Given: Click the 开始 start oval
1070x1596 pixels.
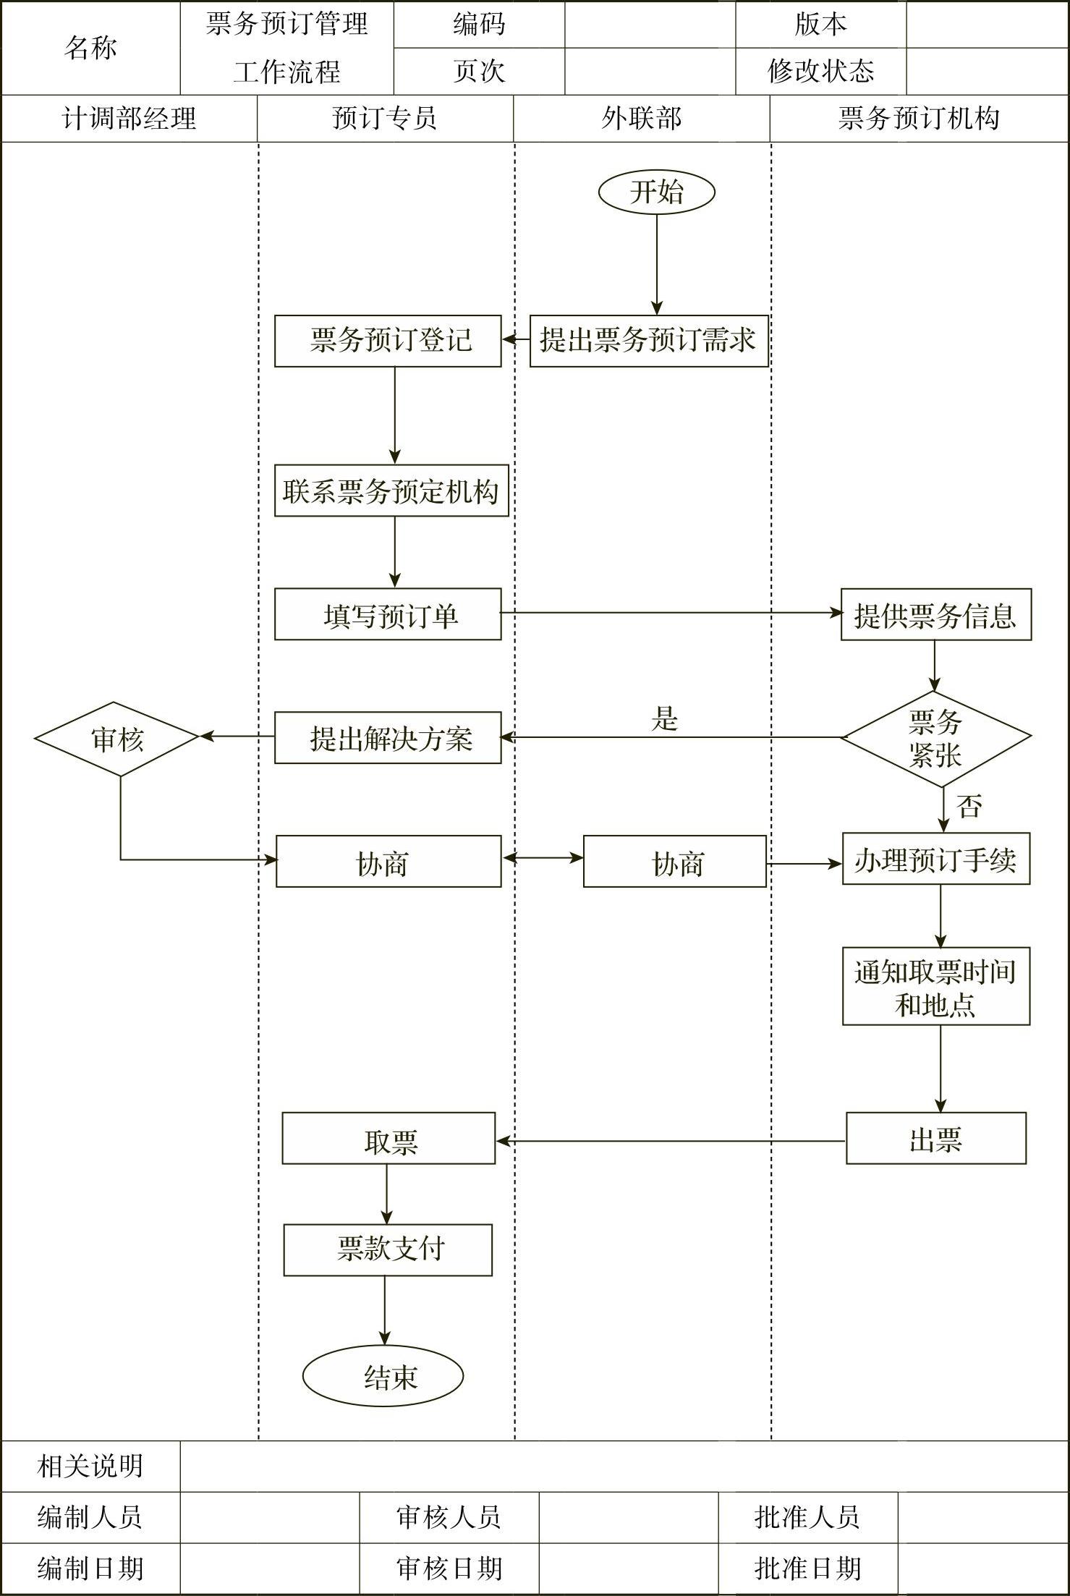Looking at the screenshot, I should [x=656, y=192].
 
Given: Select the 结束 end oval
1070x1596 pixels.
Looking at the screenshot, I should [x=383, y=1375].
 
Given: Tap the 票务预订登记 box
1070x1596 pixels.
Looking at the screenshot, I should [x=388, y=341].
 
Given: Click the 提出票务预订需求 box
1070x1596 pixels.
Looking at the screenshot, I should [x=648, y=341].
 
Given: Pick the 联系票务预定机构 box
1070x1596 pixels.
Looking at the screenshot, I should [x=391, y=491].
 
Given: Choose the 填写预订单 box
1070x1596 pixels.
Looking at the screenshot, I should [x=388, y=614].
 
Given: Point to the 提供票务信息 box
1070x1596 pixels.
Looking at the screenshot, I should [x=935, y=614].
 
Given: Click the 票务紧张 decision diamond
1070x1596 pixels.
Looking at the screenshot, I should [x=935, y=738].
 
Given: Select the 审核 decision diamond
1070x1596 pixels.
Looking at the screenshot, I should [x=117, y=739].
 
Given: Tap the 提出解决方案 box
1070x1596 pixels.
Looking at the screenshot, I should [x=388, y=738].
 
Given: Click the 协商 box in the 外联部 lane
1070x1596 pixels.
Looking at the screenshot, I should [x=674, y=862].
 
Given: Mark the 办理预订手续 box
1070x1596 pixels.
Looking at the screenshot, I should [x=935, y=859].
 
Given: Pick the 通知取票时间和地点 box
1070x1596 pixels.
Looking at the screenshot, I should [x=935, y=986].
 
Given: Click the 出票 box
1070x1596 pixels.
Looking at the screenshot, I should [x=935, y=1138].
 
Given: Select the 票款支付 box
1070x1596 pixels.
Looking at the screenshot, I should [x=388, y=1249].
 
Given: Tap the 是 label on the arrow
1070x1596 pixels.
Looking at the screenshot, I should [x=664, y=718].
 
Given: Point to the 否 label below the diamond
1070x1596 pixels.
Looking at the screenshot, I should [x=969, y=805].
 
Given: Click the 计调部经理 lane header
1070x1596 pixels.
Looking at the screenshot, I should [x=129, y=119].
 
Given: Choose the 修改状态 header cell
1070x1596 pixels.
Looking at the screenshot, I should [x=820, y=71].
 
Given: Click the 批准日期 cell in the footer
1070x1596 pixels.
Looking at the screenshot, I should [x=807, y=1569].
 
